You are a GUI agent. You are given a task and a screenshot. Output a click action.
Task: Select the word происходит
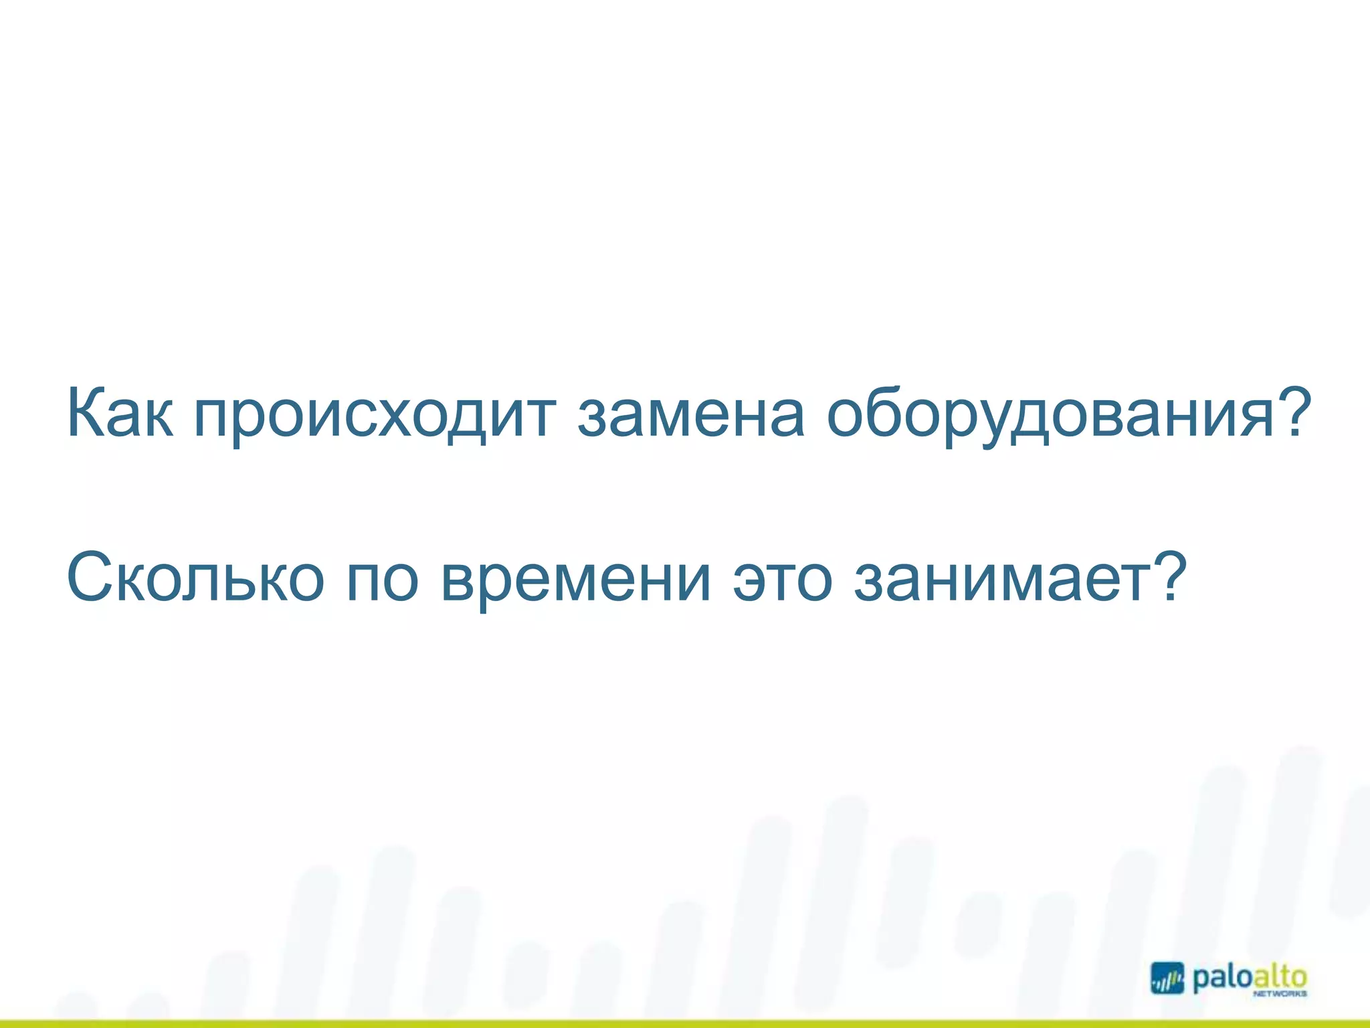tap(375, 416)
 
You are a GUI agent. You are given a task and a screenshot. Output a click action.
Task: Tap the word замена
tap(690, 415)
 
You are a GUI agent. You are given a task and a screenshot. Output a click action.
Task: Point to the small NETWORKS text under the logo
tap(1279, 995)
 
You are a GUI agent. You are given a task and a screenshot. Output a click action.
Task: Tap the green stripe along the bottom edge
tap(685, 1023)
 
